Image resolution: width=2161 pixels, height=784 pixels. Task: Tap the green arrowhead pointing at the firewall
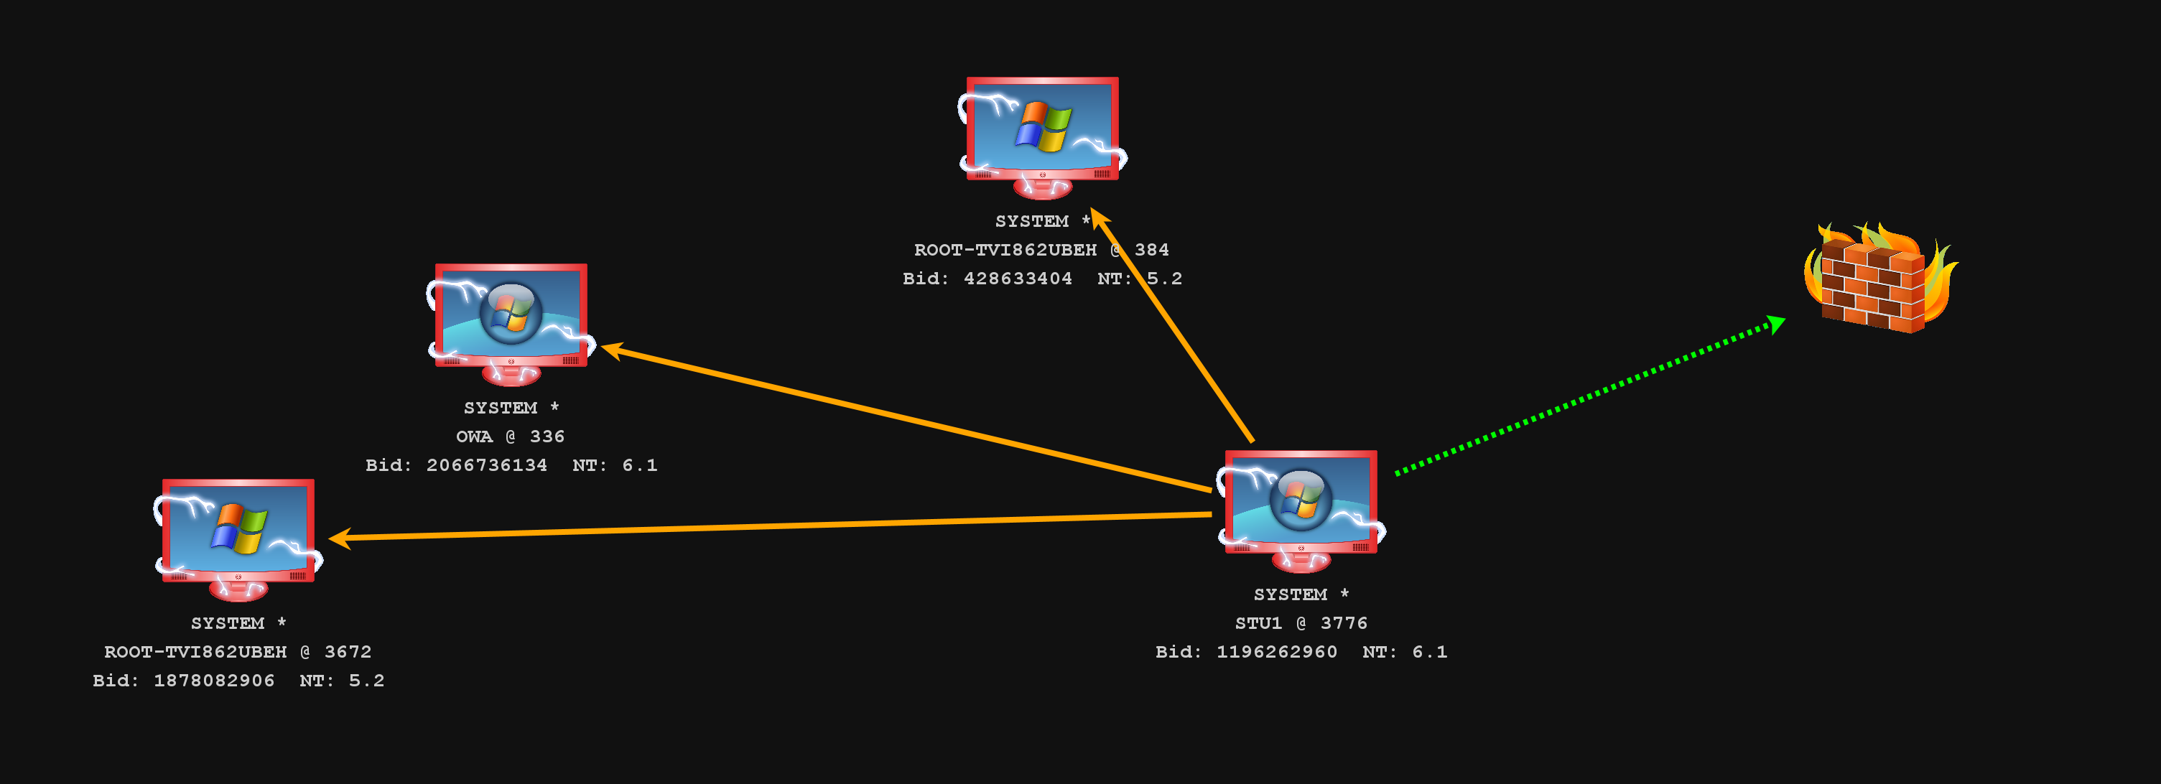pos(1775,324)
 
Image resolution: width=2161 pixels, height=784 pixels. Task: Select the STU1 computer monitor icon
pos(1301,508)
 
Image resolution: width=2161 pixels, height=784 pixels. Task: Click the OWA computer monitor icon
pos(511,321)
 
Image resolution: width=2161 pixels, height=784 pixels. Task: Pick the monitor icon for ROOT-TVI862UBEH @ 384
pos(1042,134)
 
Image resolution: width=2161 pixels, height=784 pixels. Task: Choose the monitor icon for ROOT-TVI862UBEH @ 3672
pos(238,536)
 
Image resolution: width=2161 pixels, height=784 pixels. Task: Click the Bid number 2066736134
pos(486,465)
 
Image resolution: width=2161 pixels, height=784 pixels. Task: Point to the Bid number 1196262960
pos(1277,653)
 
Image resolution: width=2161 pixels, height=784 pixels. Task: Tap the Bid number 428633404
pos(1018,279)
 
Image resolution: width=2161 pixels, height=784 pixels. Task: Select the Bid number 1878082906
pos(214,681)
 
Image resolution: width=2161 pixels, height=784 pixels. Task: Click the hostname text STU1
pos(1258,623)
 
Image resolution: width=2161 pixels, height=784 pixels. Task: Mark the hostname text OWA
pos(474,437)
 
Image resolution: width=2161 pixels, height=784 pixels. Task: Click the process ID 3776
pos(1344,623)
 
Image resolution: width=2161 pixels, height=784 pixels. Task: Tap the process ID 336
pos(547,437)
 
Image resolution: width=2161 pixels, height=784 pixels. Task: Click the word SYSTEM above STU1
pos(1291,594)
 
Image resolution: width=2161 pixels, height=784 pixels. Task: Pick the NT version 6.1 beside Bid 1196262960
pos(1429,653)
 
